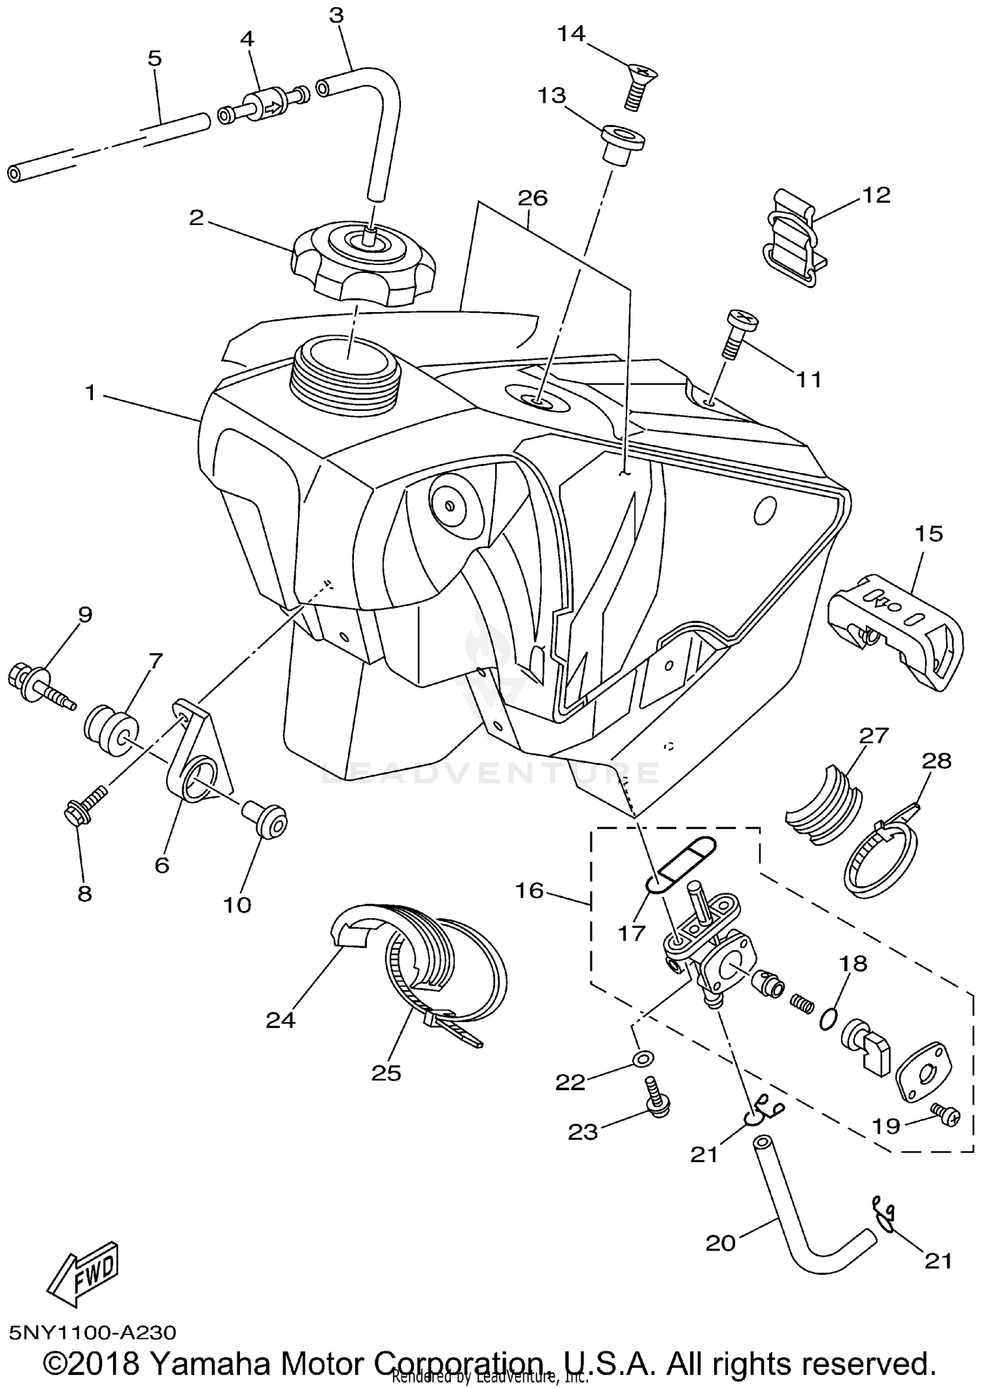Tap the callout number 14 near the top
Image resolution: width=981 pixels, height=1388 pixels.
pos(570,33)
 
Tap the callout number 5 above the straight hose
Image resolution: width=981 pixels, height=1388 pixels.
pos(154,58)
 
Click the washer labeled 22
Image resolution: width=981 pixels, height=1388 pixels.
pos(642,1058)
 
